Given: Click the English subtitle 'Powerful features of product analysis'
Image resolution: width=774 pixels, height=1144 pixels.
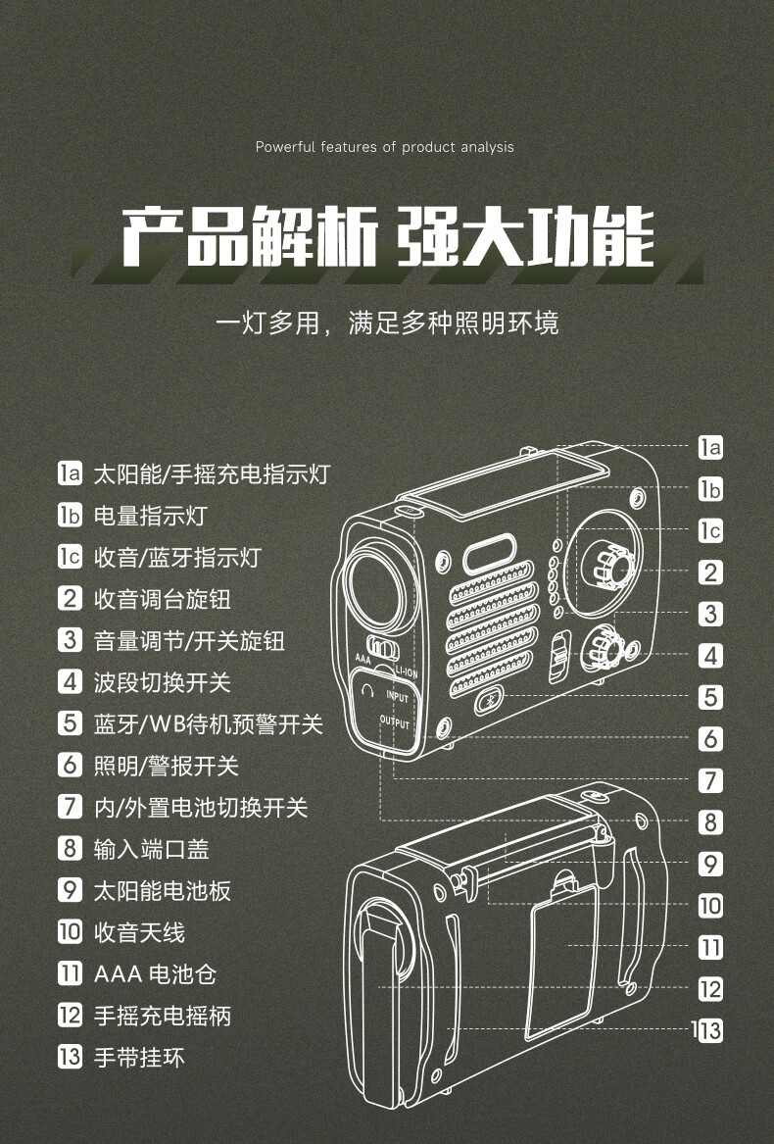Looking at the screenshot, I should tap(384, 147).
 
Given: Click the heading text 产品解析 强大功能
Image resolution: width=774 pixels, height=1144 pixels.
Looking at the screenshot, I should tap(387, 236).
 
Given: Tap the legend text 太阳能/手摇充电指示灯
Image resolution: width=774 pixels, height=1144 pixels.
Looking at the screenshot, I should tap(211, 475).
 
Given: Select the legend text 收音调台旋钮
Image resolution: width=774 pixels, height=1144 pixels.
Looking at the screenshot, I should tap(162, 599).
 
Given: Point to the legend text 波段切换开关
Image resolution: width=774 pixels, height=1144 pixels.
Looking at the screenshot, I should tap(162, 682).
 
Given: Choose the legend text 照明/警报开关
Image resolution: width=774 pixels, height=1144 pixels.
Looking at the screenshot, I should tap(166, 766).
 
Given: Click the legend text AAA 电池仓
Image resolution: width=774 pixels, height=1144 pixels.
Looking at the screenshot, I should tap(155, 974).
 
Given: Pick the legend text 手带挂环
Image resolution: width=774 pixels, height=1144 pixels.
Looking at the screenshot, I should tap(138, 1058).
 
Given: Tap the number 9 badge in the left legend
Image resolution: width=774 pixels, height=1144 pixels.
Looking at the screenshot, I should tap(70, 891).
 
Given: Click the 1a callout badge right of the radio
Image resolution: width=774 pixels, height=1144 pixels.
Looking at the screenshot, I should tap(710, 448).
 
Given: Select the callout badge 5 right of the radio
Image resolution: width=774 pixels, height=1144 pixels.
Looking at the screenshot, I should tap(710, 698).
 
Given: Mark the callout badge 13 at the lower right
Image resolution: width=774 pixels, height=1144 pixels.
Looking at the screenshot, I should tap(709, 1031).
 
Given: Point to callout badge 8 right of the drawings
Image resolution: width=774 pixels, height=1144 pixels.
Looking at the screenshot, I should tap(710, 822).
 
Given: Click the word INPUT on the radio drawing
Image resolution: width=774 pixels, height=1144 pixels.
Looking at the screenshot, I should tap(397, 697).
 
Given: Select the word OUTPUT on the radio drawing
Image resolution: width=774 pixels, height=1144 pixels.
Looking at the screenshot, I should tap(395, 723).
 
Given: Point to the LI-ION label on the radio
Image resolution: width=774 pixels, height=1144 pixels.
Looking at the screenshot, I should tap(406, 672).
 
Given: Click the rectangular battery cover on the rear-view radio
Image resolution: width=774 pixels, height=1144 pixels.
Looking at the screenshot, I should tap(561, 959).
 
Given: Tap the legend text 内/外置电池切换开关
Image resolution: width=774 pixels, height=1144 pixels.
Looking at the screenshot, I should tap(200, 808).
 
